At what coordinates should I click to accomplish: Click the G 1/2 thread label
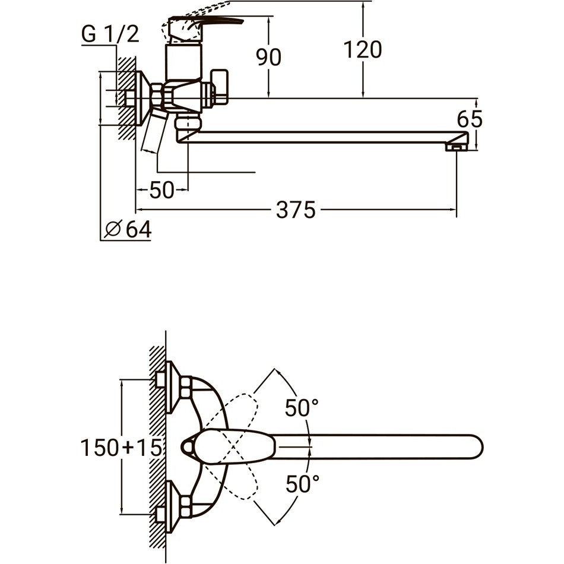110,35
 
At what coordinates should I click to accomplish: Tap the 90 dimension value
268,57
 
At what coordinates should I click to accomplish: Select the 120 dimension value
363,50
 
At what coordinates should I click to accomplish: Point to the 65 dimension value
470,119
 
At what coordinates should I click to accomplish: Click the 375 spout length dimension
296,210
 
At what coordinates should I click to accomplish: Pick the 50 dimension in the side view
161,190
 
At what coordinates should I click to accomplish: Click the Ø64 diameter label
128,229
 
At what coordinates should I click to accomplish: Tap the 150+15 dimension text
121,448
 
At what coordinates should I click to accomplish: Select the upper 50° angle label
302,407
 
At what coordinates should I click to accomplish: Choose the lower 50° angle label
303,484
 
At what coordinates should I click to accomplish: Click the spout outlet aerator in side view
456,147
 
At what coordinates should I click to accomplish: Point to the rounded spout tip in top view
476,448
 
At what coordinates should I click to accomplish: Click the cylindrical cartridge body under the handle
184,61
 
